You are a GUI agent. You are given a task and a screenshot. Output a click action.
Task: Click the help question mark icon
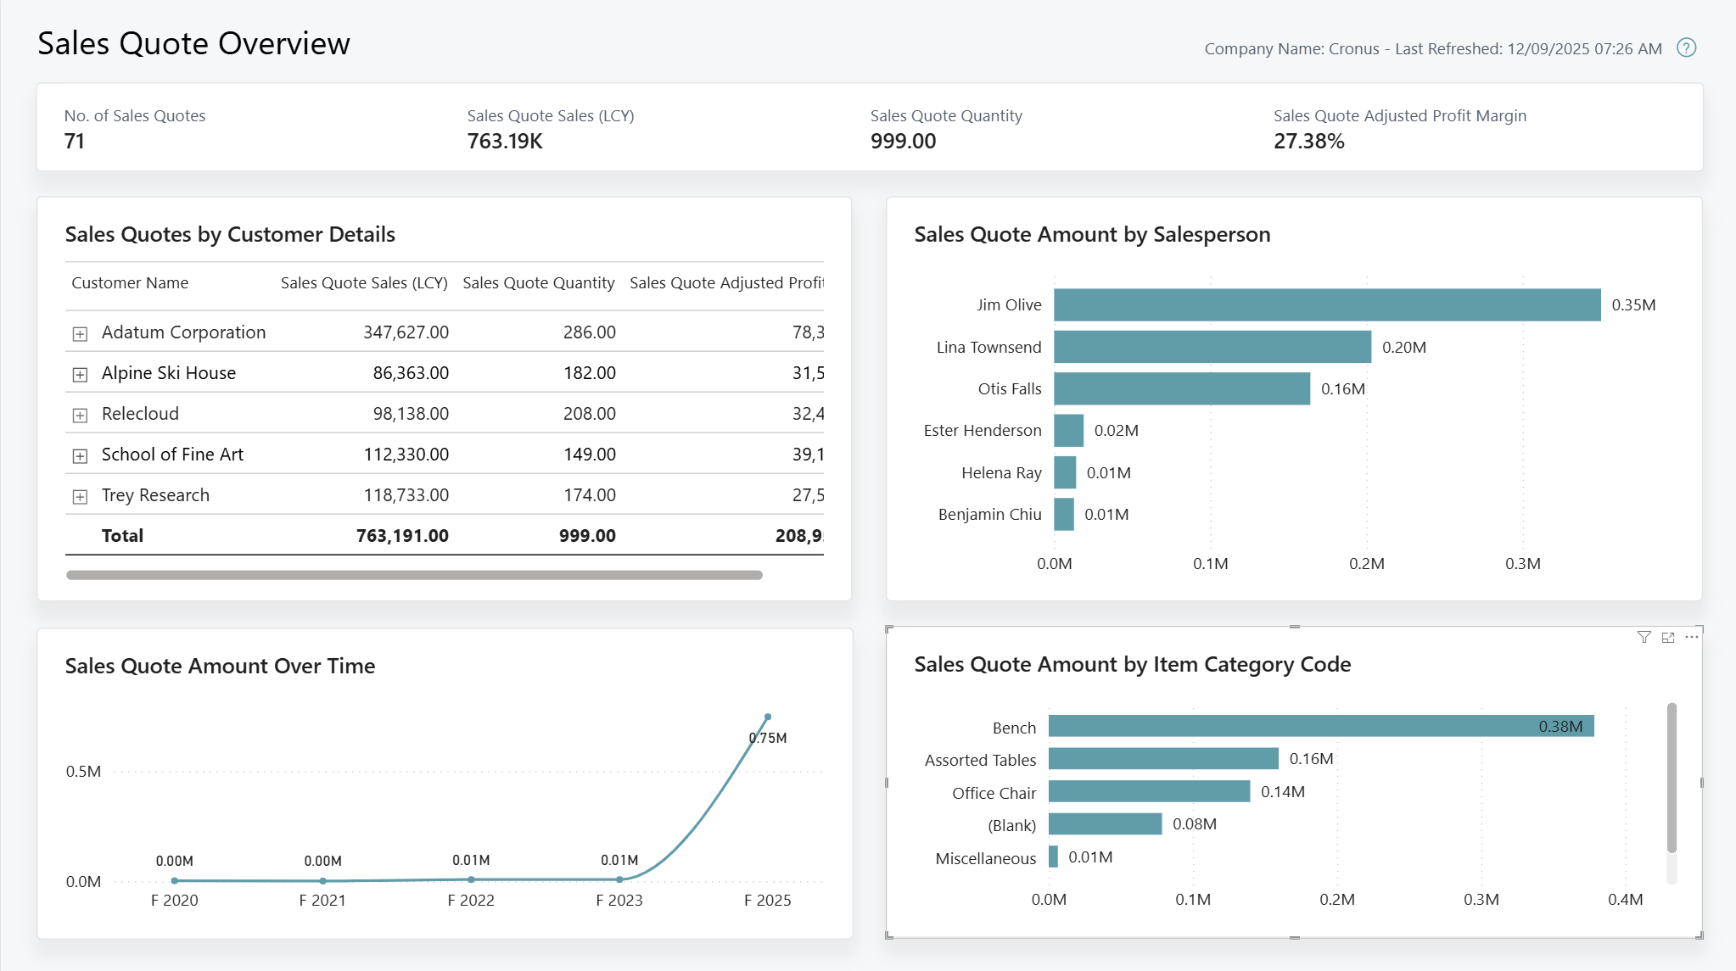(x=1686, y=48)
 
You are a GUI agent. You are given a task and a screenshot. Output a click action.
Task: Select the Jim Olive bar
(x=1326, y=305)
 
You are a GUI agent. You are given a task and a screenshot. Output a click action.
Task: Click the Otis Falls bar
(x=1181, y=389)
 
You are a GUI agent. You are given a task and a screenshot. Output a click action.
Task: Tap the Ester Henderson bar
(x=1068, y=431)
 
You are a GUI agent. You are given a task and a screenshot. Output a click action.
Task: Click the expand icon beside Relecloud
(x=80, y=416)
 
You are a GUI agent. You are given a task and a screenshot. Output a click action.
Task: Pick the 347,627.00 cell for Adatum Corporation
(x=406, y=332)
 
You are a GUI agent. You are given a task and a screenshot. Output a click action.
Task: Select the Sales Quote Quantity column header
(x=538, y=283)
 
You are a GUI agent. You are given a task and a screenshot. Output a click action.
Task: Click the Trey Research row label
(x=155, y=495)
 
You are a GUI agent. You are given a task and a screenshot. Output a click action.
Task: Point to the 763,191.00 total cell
(x=402, y=536)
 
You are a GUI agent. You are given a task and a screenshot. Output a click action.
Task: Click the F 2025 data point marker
(x=768, y=717)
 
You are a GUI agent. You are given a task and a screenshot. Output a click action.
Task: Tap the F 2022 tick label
(x=471, y=901)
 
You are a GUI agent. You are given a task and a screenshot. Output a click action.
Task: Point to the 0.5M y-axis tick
(x=83, y=772)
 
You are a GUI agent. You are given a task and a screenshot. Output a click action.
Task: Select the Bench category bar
(x=1320, y=727)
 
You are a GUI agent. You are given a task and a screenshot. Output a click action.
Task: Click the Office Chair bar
(x=1149, y=792)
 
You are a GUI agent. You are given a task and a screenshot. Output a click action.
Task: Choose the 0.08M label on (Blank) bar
(x=1195, y=824)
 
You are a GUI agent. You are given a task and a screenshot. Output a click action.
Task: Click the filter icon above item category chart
(x=1644, y=638)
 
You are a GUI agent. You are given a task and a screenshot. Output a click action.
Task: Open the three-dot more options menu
(x=1691, y=637)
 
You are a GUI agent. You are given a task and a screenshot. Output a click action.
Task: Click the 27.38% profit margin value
(x=1308, y=142)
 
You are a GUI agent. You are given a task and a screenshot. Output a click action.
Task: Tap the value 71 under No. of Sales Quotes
(x=75, y=142)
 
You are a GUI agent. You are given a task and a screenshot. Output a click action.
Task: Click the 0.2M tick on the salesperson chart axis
(x=1366, y=564)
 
